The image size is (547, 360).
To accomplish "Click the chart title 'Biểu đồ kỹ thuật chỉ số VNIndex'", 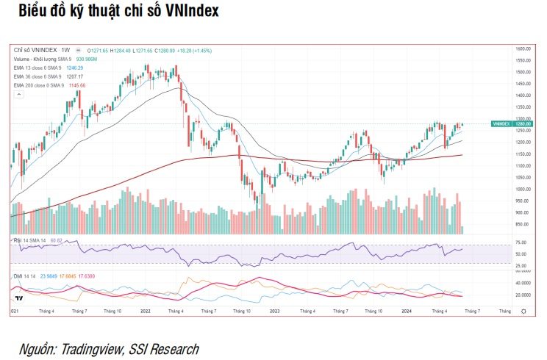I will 118,12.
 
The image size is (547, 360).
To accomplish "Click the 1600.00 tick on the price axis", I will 523,48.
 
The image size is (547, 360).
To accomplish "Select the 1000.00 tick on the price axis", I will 523,189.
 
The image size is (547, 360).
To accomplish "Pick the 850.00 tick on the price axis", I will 522,224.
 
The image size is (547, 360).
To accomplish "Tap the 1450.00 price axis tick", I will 523,84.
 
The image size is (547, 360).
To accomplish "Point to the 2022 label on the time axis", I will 145,311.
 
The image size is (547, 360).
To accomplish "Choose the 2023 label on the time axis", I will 275,311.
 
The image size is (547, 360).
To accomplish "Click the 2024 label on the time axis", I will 406,311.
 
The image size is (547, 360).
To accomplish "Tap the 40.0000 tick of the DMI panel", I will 523,282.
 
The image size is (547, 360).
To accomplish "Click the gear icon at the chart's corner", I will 523,311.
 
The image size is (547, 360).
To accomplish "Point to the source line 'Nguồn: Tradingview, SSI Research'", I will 108,348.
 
